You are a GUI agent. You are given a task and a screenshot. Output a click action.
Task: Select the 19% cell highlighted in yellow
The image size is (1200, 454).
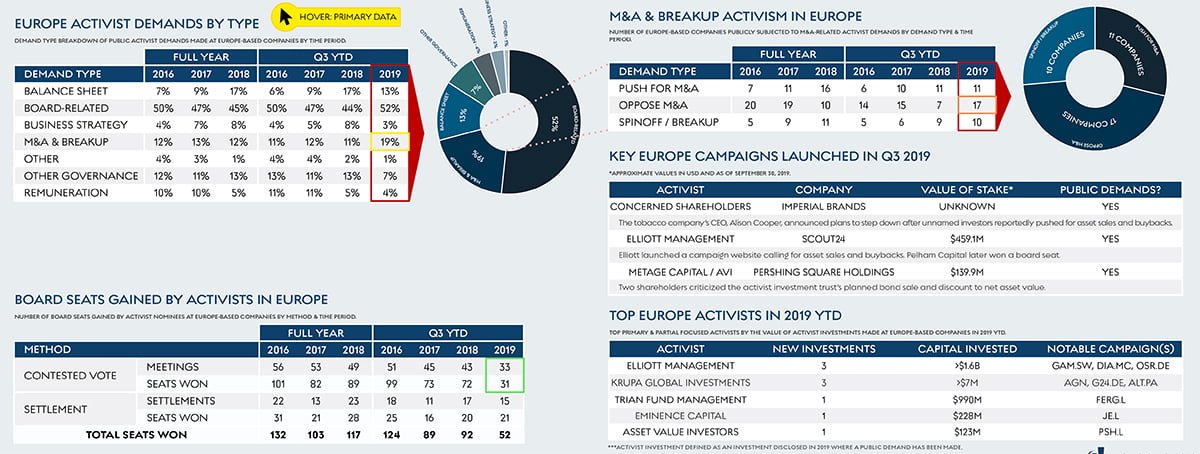point(389,142)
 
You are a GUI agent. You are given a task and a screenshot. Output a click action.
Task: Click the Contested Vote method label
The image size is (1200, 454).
point(69,376)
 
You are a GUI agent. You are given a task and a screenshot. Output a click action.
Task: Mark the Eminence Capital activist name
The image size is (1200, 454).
point(681,415)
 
